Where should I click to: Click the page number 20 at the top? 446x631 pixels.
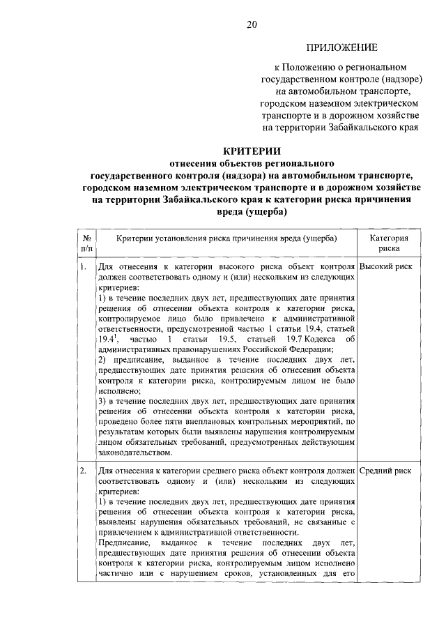pos(252,25)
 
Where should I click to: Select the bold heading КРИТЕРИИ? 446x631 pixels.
pos(252,149)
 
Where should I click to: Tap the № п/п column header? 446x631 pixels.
pos(87,242)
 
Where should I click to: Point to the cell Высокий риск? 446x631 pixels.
pos(385,267)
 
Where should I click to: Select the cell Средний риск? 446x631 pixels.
pos(385,471)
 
